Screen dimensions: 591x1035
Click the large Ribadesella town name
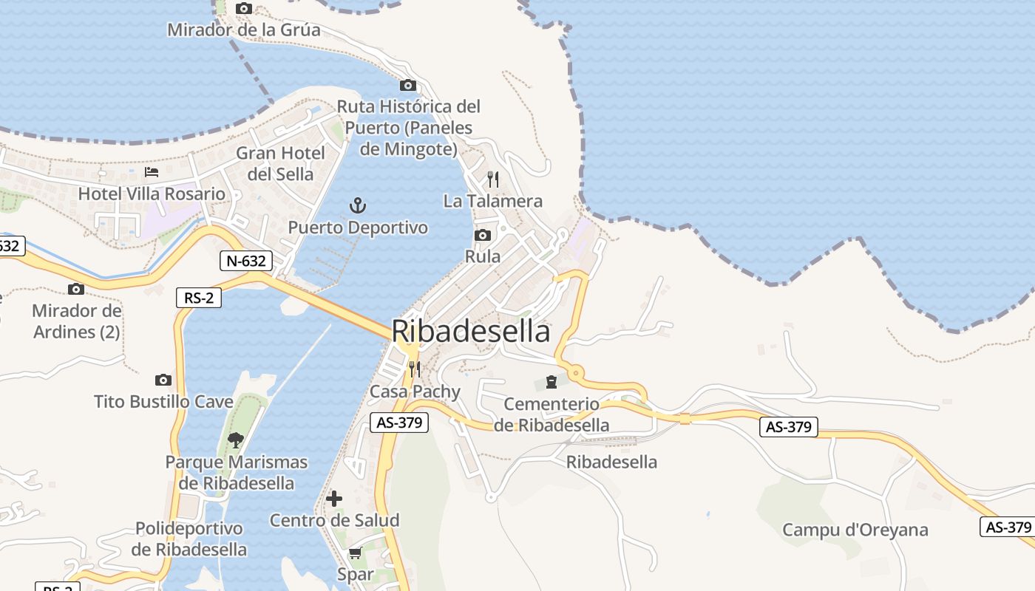click(x=471, y=331)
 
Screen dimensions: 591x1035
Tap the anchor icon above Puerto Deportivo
click(x=358, y=205)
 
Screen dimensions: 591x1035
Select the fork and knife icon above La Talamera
click(x=493, y=180)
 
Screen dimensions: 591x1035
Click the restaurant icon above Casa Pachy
click(x=414, y=369)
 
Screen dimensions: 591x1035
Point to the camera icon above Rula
click(x=483, y=236)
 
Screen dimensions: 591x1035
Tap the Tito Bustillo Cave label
click(x=163, y=402)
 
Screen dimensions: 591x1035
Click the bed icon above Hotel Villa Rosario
click(x=152, y=172)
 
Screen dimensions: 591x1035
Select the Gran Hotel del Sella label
click(x=280, y=163)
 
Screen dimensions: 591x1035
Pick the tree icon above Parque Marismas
click(x=236, y=440)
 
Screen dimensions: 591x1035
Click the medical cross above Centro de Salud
click(x=334, y=499)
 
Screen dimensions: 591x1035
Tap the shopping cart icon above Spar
click(x=355, y=553)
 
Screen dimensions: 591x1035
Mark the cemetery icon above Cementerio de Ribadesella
click(x=551, y=382)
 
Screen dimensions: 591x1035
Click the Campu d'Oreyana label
click(x=855, y=530)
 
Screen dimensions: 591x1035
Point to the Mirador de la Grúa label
click(x=243, y=30)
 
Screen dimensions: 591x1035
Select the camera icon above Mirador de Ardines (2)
click(x=76, y=289)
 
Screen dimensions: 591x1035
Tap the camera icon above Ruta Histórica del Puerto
click(x=407, y=85)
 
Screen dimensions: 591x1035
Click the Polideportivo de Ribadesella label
click(x=189, y=539)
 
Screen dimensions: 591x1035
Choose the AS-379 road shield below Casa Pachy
click(x=398, y=423)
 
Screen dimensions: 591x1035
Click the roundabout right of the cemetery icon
click(x=575, y=374)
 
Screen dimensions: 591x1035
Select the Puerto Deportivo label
click(x=358, y=228)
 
